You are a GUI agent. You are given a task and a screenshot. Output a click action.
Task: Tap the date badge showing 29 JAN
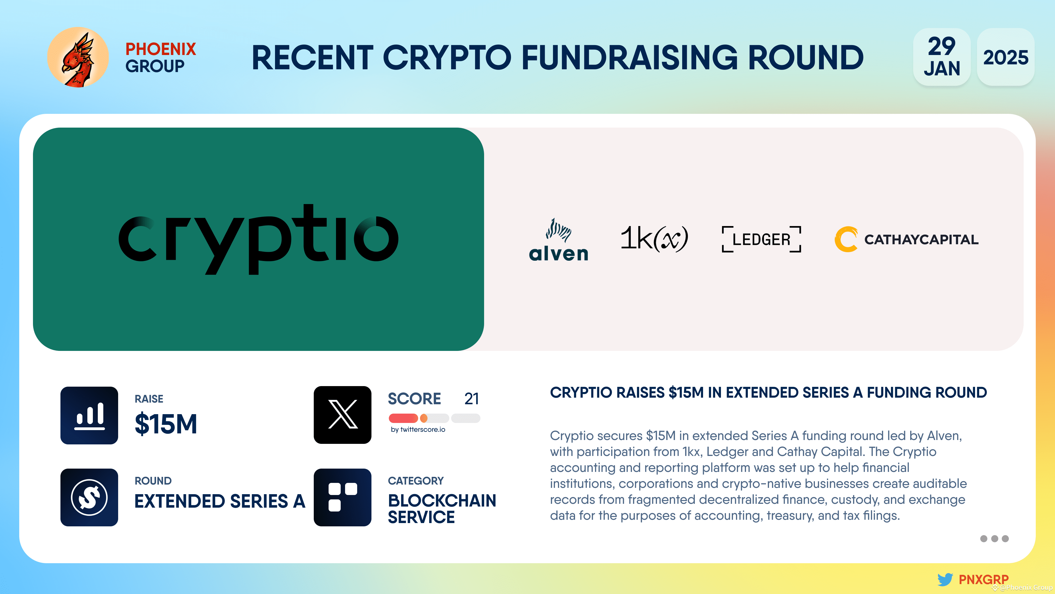(x=942, y=57)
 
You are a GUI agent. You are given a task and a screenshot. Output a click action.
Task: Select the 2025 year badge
(x=1006, y=57)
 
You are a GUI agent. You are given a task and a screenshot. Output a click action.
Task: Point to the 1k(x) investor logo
(x=654, y=238)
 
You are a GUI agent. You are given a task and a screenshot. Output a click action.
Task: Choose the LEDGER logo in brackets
(x=761, y=239)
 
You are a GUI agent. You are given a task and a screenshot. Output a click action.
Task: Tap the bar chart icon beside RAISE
(x=89, y=415)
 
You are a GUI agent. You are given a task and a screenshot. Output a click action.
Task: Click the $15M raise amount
(x=166, y=424)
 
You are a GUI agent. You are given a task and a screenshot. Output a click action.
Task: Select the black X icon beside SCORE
(x=342, y=415)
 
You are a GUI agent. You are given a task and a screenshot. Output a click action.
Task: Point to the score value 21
(x=471, y=398)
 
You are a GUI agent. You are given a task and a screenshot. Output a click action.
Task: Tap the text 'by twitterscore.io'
(x=418, y=430)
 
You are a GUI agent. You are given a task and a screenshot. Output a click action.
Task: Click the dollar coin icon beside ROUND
(x=89, y=497)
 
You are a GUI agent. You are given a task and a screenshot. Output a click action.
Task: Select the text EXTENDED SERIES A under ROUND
(x=220, y=501)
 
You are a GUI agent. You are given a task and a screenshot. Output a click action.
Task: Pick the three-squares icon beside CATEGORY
(x=342, y=497)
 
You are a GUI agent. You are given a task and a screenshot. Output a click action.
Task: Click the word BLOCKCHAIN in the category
(x=442, y=501)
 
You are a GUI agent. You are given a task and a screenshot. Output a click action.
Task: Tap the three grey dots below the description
(x=994, y=539)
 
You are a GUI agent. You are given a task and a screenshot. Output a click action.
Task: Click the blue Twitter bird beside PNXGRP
(x=945, y=579)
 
